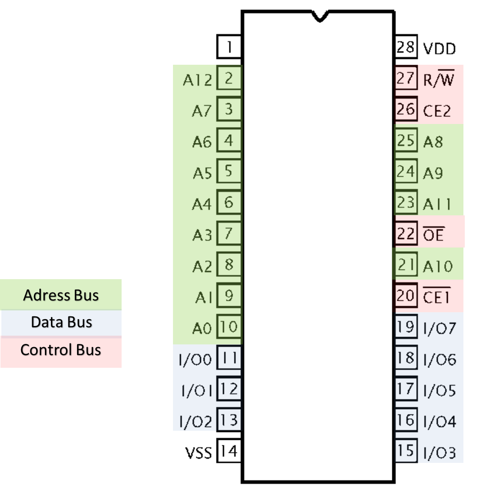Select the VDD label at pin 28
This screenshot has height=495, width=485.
click(x=440, y=49)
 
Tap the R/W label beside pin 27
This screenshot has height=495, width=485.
click(x=438, y=80)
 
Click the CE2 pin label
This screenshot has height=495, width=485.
click(x=437, y=111)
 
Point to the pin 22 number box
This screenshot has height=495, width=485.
click(x=406, y=234)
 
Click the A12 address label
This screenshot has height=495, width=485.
click(x=197, y=80)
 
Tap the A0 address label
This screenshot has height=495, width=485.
click(x=202, y=329)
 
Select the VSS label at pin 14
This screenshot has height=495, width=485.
click(x=198, y=453)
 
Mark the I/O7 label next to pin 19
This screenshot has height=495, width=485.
click(x=439, y=329)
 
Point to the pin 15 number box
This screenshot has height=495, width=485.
click(x=406, y=450)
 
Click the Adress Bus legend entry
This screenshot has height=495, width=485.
click(x=61, y=295)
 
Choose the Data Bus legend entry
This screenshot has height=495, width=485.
click(x=61, y=322)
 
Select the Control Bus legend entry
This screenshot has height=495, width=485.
click(x=61, y=350)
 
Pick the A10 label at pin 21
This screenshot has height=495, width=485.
click(x=438, y=266)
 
